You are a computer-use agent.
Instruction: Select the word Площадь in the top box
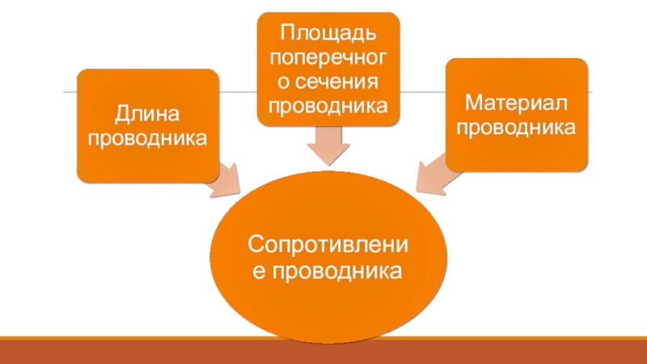(x=328, y=34)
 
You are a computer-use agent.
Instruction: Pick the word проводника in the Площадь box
(x=328, y=106)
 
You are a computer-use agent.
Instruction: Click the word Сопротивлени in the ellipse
(x=328, y=243)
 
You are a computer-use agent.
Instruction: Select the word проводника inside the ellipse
(x=337, y=271)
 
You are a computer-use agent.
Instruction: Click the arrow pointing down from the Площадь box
(x=328, y=147)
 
